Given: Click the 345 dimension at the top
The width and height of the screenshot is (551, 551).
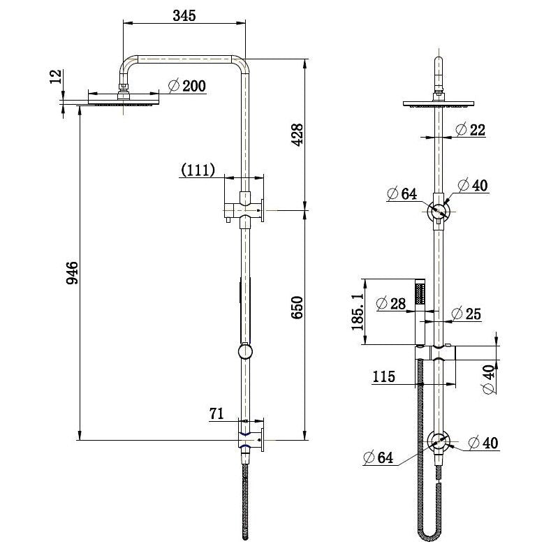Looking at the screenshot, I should pos(184,15).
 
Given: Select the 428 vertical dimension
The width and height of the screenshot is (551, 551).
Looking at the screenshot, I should pos(298,133).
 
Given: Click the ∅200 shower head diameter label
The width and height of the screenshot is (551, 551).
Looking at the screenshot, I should pos(186,87).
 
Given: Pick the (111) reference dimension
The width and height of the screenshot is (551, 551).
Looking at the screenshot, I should pos(198,169).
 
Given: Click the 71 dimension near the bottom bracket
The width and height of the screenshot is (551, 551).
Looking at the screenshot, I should pos(217,415).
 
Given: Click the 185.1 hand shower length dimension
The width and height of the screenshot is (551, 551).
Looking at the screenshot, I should pos(358,311).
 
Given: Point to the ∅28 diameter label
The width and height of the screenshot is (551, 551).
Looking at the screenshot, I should pos(390,303).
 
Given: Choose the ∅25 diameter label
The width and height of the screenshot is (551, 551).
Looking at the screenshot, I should pos(466,314).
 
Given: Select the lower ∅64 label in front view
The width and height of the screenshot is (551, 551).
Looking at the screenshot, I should pos(378,457).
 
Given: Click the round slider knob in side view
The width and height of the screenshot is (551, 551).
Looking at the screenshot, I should pos(244,351).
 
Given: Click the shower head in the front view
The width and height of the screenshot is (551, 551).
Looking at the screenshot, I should pos(439,104).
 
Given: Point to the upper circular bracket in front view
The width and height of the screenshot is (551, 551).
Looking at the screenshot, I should pos(439,210).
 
